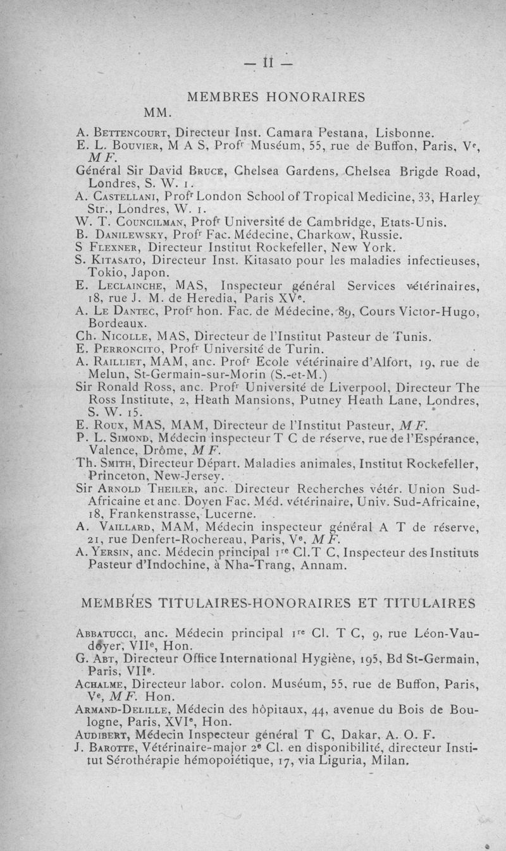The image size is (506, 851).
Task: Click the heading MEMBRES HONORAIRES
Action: point(276,97)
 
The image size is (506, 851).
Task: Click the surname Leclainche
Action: point(123,286)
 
